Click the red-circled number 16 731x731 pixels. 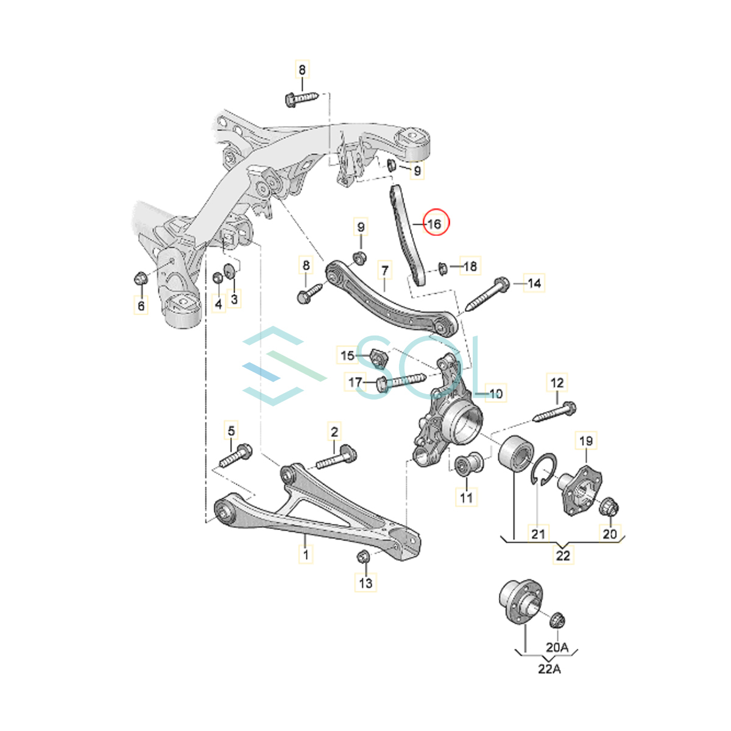(x=434, y=224)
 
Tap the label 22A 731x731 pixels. (x=549, y=669)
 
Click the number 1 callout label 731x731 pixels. (x=306, y=554)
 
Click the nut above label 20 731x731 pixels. (x=610, y=507)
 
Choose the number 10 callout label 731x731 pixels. (x=495, y=394)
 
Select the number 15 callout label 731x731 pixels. (x=347, y=355)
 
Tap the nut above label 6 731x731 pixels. (x=139, y=280)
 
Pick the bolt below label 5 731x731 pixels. (x=233, y=456)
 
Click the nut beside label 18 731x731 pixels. (x=442, y=267)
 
